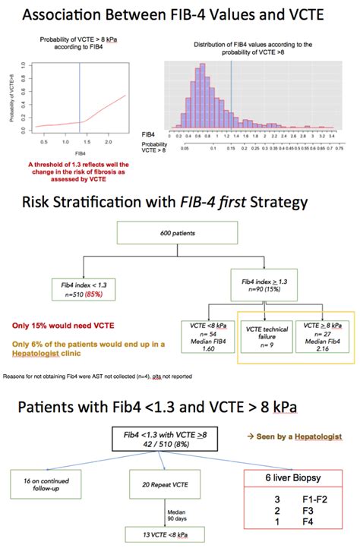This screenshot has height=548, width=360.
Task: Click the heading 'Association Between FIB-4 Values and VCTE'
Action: point(180,13)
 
